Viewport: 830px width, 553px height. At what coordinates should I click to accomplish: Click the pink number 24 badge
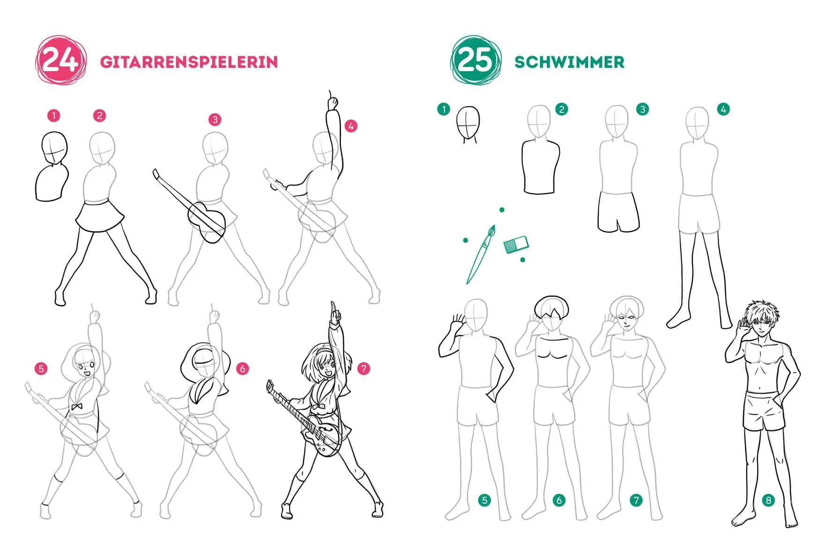pyautogui.click(x=60, y=61)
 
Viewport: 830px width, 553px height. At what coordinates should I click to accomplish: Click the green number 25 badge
pyautogui.click(x=475, y=61)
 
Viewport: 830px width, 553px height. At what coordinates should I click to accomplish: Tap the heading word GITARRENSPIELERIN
pyautogui.click(x=189, y=62)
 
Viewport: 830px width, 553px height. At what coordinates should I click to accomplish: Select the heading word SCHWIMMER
pyautogui.click(x=569, y=62)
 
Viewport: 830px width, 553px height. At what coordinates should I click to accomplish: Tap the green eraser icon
pyautogui.click(x=516, y=244)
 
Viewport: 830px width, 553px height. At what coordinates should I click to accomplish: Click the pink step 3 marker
pyautogui.click(x=215, y=119)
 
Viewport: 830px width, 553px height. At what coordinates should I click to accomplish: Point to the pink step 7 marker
pyautogui.click(x=364, y=369)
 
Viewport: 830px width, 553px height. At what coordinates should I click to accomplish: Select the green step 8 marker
pyautogui.click(x=768, y=501)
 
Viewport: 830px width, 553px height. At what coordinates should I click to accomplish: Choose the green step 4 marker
pyautogui.click(x=723, y=110)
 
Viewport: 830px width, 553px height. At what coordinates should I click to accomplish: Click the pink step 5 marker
pyautogui.click(x=41, y=369)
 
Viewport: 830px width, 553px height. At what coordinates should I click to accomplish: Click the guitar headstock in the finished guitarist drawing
pyautogui.click(x=270, y=387)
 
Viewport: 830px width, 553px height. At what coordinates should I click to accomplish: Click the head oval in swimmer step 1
pyautogui.click(x=468, y=122)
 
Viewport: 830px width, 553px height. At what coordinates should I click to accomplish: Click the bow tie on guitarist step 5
pyautogui.click(x=76, y=407)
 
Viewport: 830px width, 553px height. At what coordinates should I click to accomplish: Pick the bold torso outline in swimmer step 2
pyautogui.click(x=541, y=166)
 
